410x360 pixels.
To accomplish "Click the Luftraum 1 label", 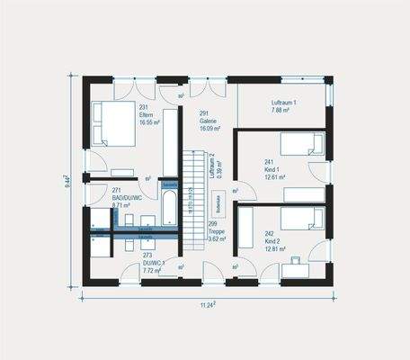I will (284, 104).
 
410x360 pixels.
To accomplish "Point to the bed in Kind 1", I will (301, 144).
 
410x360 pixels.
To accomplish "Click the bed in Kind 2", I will (301, 219).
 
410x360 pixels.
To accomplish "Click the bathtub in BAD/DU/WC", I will (169, 208).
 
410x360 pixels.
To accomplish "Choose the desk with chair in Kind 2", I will (295, 267).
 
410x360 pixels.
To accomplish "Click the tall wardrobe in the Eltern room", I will (170, 141).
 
